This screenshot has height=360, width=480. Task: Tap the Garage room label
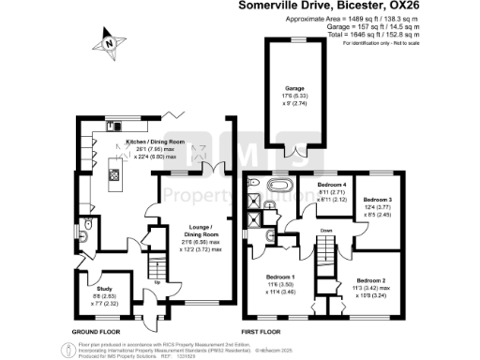tap(294, 88)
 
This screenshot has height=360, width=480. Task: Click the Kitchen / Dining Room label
tap(156, 143)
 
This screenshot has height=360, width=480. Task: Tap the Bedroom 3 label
tap(377, 200)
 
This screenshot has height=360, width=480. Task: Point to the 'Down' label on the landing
tap(325, 230)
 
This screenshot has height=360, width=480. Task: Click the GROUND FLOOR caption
tap(97, 331)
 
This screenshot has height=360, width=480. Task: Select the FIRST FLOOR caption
tap(264, 331)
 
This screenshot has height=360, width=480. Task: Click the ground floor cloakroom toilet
tap(84, 225)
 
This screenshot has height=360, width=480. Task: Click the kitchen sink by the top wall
tap(114, 125)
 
